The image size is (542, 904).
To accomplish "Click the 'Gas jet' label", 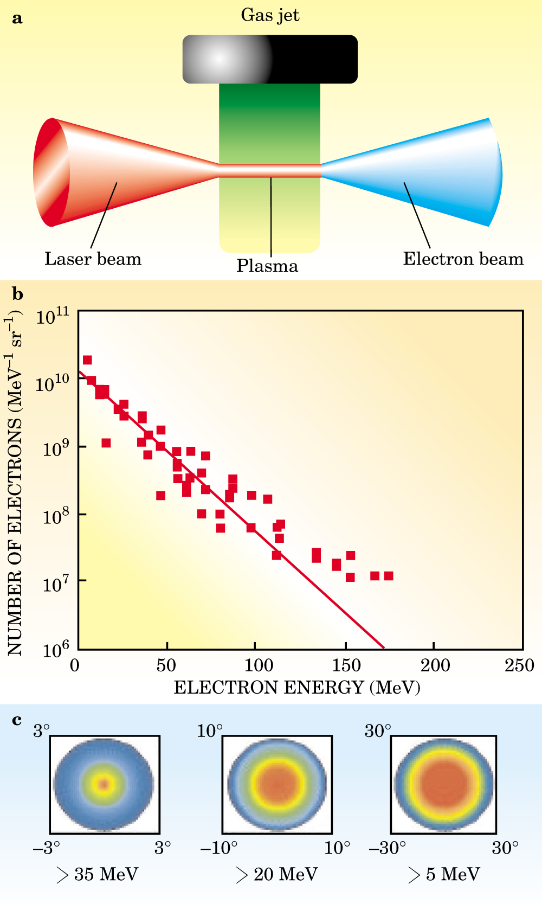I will coord(270,15).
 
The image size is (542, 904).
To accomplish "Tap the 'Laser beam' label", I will coord(93,259).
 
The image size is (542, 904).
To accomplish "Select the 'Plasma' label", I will coord(267,266).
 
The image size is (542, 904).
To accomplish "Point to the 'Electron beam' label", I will coord(463,259).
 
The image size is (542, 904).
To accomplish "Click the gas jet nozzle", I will coord(270,59).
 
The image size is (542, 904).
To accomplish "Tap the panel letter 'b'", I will coord(17,294).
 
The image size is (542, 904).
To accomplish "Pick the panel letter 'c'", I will coord(17,720).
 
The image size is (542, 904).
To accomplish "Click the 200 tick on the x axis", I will coord(435,665).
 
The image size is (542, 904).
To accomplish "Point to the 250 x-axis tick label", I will coord(519,665).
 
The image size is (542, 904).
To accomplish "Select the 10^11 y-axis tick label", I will coord(53,316).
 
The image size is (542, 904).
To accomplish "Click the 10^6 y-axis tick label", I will coord(53,649).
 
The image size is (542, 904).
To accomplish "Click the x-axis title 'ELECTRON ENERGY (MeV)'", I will coord(297,688).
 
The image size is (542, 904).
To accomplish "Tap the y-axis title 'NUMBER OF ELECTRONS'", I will coord(15,483).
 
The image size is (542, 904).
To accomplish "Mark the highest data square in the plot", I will coord(87,360).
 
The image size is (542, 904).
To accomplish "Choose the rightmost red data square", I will coord(389,576).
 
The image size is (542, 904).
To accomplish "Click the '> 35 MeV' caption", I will coord(98,874).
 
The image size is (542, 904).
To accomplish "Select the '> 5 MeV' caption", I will coord(444,874).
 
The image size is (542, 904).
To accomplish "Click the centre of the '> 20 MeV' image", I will coord(277,784).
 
